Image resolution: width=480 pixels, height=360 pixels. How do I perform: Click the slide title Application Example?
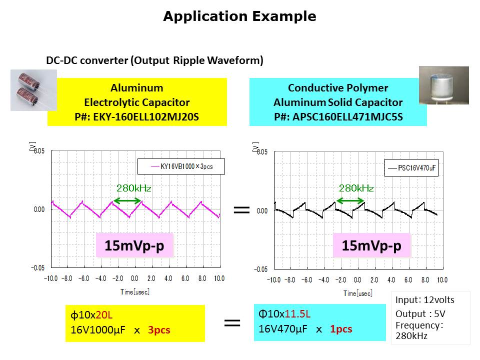coord(239,16)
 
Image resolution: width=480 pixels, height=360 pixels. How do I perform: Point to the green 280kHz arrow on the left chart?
coord(127,201)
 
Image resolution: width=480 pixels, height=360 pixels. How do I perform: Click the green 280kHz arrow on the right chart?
coord(350,201)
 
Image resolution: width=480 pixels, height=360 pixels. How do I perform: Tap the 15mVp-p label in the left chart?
coord(134,245)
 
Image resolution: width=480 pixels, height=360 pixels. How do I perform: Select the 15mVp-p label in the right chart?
coord(371,245)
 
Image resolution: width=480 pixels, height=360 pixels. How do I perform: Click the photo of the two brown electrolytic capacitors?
coord(33,90)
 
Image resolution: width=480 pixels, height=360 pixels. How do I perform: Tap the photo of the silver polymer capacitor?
coord(444,85)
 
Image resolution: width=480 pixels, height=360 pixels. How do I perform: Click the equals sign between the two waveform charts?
coord(242,209)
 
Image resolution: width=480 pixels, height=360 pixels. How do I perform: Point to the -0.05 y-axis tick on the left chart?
coord(37,268)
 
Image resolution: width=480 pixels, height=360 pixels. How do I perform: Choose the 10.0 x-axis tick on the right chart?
coord(442,280)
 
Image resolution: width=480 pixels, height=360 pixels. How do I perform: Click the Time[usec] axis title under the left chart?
coord(135,291)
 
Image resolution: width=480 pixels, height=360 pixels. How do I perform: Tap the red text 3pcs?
coord(159,329)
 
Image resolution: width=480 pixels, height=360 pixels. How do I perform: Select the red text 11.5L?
coord(297,314)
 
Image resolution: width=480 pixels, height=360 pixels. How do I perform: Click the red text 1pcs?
coord(341,329)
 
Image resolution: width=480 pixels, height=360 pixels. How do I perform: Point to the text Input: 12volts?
coord(425,299)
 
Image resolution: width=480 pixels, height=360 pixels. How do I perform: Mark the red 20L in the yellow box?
coord(104,314)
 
